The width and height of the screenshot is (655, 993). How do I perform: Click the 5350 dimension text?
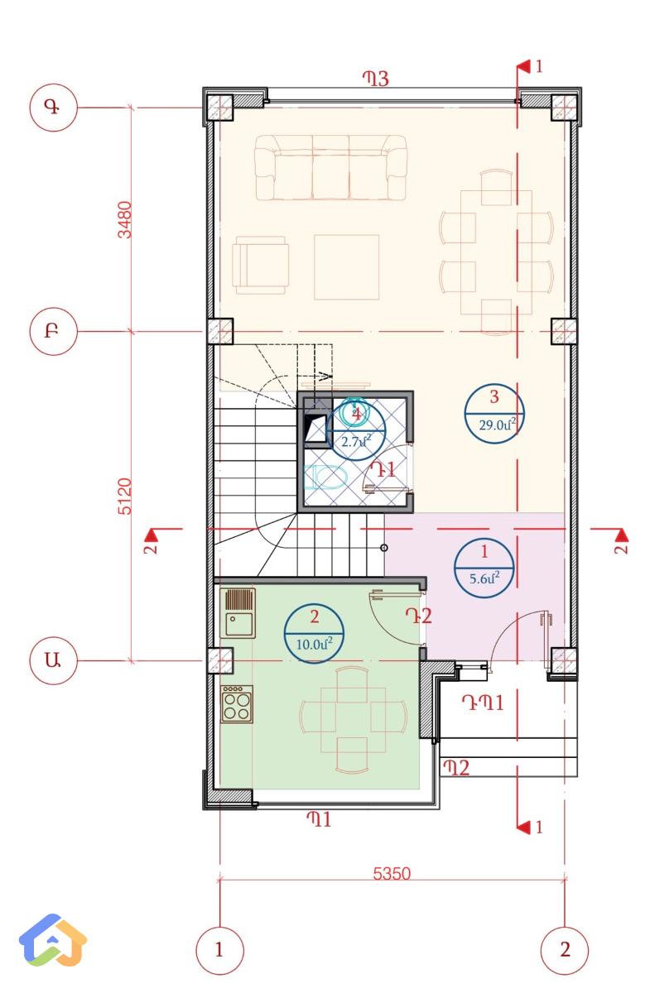[392, 873]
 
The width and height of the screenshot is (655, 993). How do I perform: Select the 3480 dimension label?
[125, 219]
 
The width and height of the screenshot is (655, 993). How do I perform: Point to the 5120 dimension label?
[125, 496]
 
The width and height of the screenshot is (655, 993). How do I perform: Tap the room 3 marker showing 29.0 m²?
[494, 411]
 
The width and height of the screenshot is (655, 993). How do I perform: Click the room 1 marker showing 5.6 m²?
[484, 565]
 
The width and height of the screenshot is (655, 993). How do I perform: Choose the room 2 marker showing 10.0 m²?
[314, 631]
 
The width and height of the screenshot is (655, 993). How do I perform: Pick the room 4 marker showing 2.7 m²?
[356, 428]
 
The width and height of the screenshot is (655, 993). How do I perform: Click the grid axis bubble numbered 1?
[219, 949]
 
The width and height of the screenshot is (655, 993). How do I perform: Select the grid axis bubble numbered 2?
[565, 949]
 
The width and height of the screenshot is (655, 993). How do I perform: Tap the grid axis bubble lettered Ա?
[54, 660]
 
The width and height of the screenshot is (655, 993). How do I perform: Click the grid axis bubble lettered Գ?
[54, 108]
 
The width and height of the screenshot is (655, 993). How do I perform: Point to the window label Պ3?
[375, 79]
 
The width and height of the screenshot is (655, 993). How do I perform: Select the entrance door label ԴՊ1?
[483, 703]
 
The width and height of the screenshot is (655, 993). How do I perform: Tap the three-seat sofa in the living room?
[330, 168]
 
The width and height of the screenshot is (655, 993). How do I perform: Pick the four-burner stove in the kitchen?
[238, 704]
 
